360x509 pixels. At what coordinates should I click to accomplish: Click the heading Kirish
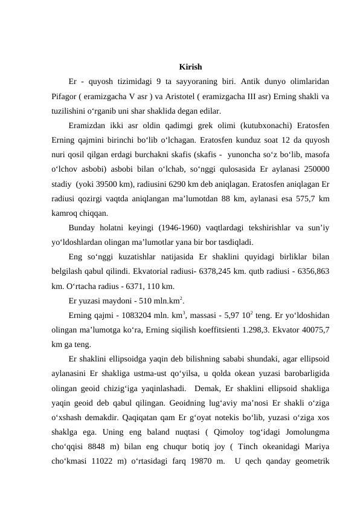click(x=190, y=66)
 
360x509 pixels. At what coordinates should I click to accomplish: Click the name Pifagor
click(x=65, y=97)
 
